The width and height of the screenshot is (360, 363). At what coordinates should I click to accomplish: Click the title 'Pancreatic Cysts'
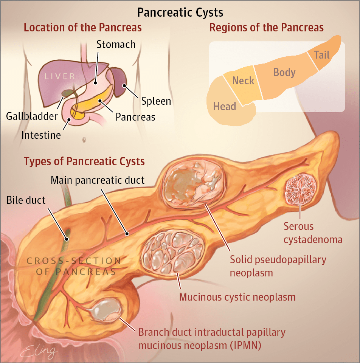180,12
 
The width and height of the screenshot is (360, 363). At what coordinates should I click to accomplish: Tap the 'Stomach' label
116,44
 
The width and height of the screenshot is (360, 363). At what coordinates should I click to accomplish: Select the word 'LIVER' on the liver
60,76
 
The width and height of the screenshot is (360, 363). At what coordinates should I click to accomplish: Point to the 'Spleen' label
156,101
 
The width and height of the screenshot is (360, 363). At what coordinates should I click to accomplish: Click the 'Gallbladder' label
31,116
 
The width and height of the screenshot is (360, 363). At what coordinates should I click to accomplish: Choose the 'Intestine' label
41,135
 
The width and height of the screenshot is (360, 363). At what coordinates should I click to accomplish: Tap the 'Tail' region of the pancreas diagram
322,55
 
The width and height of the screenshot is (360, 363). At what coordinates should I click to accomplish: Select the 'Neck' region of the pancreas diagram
243,81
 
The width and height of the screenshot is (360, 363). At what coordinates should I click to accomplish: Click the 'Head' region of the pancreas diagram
225,106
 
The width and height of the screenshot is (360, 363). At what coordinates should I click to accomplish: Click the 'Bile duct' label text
26,200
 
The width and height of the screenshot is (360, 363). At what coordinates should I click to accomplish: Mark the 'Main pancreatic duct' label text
98,180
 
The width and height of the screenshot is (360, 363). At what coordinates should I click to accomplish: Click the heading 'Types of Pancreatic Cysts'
84,161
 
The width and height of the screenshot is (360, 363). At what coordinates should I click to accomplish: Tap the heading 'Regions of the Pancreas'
267,28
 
